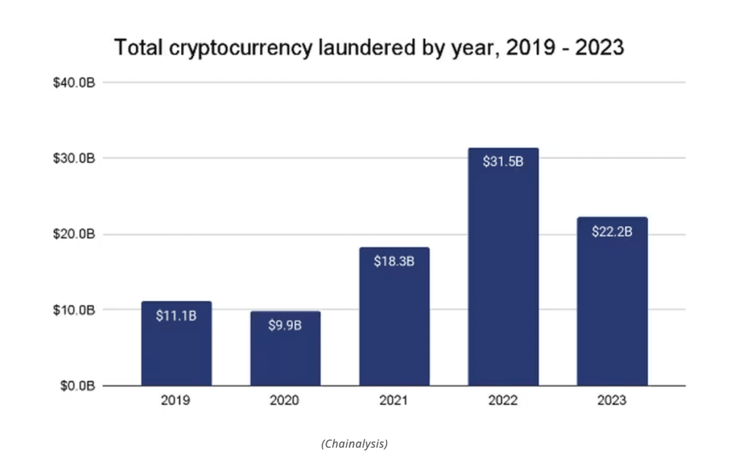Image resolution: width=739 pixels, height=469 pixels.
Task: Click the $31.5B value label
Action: pos(503,161)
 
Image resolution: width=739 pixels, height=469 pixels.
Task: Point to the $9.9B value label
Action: pos(285,325)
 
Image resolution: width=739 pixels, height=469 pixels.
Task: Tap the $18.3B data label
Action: pos(394,261)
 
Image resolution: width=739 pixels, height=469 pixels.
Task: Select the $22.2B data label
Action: pos(611,232)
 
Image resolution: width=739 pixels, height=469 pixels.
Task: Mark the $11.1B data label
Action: pos(176,315)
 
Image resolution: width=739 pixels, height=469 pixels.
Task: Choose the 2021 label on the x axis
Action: pos(394,400)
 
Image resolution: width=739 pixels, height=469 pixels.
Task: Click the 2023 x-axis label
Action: pos(611,400)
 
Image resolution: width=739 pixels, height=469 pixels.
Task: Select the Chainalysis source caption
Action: pos(354,443)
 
